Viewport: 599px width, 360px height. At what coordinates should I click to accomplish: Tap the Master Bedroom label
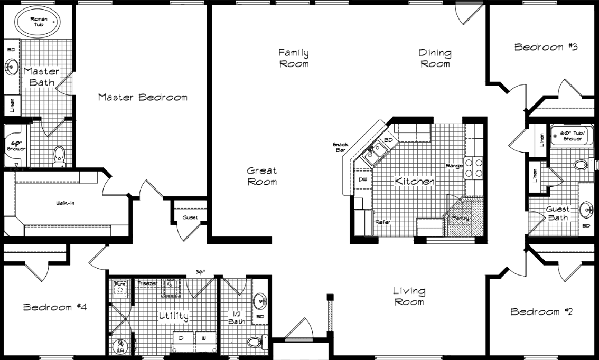click(x=143, y=97)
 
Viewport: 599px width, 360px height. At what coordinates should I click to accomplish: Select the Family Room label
click(x=294, y=58)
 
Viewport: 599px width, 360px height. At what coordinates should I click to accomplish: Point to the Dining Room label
click(x=435, y=58)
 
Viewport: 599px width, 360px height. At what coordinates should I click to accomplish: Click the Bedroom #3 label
click(x=546, y=47)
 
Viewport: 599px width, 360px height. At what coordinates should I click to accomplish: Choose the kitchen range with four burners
click(x=474, y=168)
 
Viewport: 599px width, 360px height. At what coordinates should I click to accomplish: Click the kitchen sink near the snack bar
click(x=376, y=151)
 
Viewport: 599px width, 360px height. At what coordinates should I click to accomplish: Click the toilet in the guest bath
click(x=582, y=165)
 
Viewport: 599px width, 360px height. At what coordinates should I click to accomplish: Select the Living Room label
click(x=409, y=296)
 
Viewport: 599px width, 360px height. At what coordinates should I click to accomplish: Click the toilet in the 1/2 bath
click(x=256, y=342)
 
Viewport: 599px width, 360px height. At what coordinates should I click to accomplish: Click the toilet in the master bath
click(x=59, y=154)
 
